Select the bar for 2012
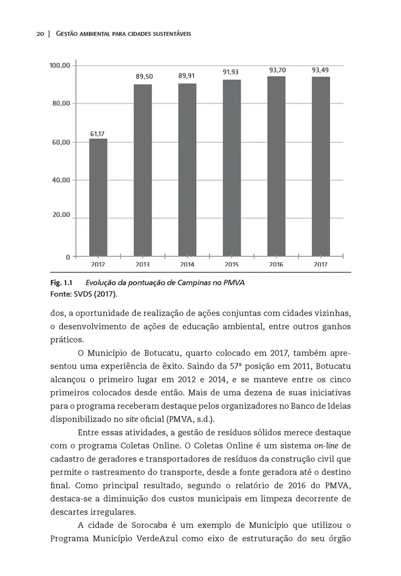(x=98, y=197)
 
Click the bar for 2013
(x=143, y=170)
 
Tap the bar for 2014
(x=187, y=169)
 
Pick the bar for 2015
(x=231, y=168)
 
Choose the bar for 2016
(x=276, y=166)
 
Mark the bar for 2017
(x=320, y=166)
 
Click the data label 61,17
(x=97, y=133)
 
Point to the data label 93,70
(x=278, y=70)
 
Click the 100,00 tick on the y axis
(x=60, y=65)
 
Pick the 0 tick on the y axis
(x=68, y=257)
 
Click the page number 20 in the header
(x=40, y=35)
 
